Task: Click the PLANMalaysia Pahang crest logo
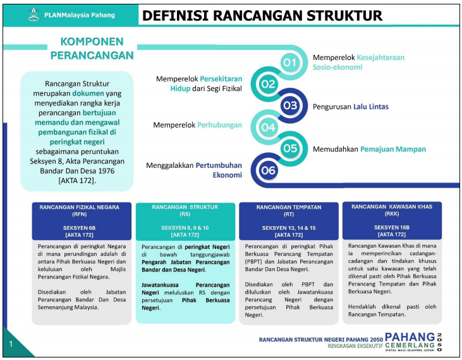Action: (33, 15)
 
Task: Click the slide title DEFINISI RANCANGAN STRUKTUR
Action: (262, 16)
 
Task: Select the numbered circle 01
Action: (290, 63)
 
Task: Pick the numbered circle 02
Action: (269, 84)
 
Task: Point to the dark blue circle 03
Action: (290, 105)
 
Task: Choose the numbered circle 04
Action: (269, 127)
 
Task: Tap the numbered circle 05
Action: (290, 149)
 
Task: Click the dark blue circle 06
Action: (269, 170)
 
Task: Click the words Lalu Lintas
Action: (371, 106)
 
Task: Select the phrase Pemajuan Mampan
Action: (393, 150)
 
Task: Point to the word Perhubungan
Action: (219, 125)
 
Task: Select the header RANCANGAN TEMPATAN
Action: (289, 207)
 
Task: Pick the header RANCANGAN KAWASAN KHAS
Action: (391, 207)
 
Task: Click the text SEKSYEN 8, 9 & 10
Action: (185, 227)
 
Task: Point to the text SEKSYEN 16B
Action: (391, 227)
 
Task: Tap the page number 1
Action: (11, 344)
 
